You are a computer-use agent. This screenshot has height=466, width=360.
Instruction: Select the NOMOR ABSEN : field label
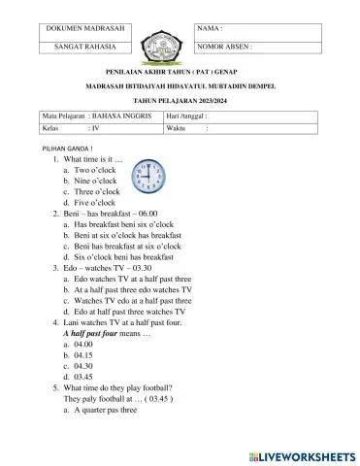coord(225,46)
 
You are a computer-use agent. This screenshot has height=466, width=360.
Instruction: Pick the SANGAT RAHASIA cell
coord(82,46)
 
